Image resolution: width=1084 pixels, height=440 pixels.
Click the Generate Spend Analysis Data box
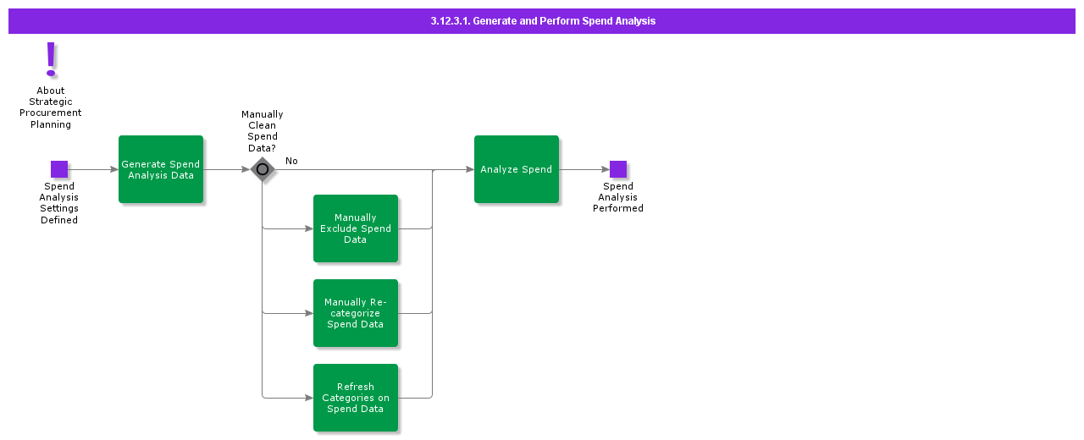161,169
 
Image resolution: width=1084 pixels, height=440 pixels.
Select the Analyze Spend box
517,169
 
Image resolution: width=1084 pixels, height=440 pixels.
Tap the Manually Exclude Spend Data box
356,228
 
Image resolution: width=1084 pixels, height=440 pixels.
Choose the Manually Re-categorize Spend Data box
356,313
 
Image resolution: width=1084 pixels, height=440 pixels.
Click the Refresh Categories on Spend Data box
356,398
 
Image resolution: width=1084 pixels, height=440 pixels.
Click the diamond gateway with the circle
263,169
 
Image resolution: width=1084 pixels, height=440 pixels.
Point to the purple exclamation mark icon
51,60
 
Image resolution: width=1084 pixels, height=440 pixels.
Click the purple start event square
59,169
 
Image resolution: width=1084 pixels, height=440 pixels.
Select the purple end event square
618,169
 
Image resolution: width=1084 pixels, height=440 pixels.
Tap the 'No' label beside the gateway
291,161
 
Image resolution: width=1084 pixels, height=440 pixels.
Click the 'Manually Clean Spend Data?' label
263,131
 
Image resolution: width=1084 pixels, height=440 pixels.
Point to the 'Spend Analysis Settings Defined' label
59,203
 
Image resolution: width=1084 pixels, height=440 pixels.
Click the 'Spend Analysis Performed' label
618,197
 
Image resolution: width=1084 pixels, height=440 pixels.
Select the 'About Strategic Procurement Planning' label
51,107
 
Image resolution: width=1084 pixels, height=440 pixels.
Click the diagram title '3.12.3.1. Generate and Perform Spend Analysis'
542,21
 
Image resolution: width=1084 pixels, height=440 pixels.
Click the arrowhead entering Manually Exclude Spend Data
309,228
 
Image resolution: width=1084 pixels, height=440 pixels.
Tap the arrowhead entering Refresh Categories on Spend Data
309,398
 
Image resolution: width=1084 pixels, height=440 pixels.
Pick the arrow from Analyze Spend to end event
584,169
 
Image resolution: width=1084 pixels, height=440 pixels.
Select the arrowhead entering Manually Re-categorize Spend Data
309,313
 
